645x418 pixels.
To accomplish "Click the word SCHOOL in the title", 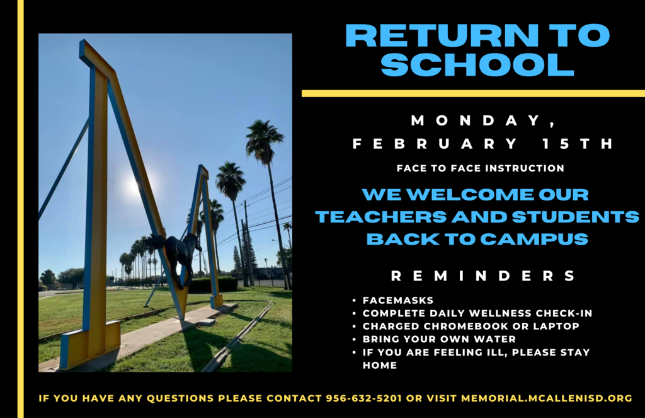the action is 477,64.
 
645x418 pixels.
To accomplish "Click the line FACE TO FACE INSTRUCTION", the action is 481,168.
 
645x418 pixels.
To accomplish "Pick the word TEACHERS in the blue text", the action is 381,217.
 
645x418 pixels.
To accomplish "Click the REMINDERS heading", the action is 483,276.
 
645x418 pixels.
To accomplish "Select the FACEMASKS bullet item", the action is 398,301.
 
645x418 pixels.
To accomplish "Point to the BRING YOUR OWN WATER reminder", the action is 439,339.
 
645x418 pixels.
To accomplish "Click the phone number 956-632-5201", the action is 363,398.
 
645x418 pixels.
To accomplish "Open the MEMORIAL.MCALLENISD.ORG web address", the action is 547,398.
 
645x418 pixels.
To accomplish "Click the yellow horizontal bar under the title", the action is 473,93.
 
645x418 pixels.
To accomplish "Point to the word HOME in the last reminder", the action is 380,365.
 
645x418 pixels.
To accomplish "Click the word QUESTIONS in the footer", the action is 180,398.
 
